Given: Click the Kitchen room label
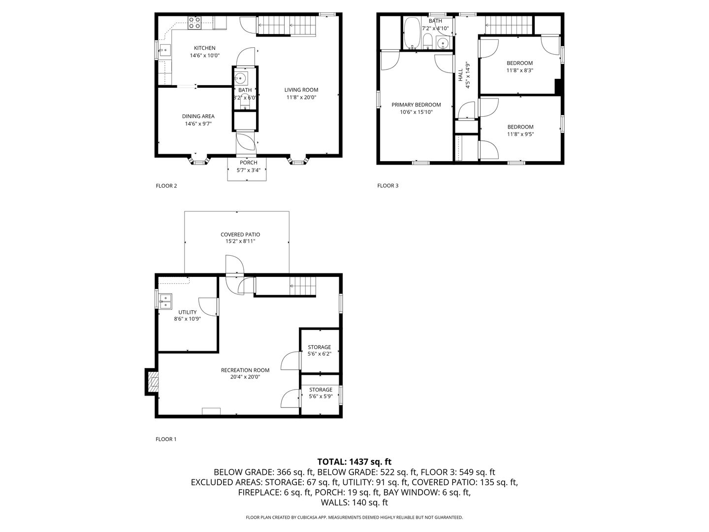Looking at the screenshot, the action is pos(204,48).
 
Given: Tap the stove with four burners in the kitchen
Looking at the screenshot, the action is pos(195,23).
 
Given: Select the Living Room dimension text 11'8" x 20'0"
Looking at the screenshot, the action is pos(301,97).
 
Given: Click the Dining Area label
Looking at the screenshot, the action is pos(198,116).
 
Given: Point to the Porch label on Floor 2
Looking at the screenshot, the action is pos(248,163).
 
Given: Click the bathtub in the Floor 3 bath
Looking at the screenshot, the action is pos(412,33).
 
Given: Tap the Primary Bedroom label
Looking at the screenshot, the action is pos(416,104).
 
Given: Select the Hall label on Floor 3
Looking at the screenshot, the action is pos(461,75).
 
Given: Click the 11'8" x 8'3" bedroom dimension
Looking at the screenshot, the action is pos(519,70).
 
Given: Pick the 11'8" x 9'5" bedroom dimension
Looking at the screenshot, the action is pos(520,134).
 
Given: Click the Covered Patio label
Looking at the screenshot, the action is pos(240,234).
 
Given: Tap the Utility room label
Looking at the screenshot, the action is pos(188,312).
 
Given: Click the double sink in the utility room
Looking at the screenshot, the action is pos(165,301).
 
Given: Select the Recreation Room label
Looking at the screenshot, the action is pos(245,370).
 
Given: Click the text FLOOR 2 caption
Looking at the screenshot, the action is pos(166,186).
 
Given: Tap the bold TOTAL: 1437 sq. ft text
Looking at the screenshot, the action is pos(354,462).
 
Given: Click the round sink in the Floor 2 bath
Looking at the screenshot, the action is pos(240,78).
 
